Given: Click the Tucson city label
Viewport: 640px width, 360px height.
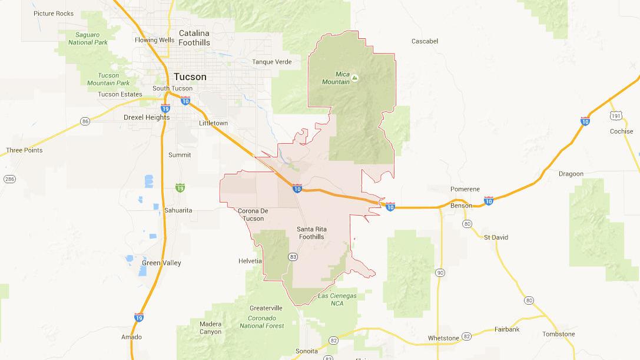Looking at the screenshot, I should coord(190,77).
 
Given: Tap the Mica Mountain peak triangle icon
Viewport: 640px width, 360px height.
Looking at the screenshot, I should coord(354,77).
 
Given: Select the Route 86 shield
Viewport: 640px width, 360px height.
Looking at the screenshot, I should coord(85,121).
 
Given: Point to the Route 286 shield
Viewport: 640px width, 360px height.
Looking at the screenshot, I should coord(9,179).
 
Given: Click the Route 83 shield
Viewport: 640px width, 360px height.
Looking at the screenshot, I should coord(293,256).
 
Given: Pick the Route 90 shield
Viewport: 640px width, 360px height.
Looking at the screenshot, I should coord(440,273).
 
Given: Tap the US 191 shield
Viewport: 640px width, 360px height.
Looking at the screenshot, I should coord(616,115).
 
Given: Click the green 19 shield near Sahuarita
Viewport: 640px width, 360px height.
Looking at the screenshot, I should coord(180,187).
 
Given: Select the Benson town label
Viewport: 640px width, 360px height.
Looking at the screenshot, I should coord(461,206).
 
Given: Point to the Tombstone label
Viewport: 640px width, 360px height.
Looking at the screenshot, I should coord(559,334).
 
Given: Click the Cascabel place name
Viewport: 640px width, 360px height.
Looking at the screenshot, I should coord(425,41).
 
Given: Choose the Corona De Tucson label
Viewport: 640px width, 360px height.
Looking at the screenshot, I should coord(253,214).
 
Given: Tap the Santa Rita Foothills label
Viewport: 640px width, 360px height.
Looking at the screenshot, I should coord(310,233).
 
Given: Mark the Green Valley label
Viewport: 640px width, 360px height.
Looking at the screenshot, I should coord(161,263).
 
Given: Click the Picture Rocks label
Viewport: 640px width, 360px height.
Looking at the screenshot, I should coord(54,13).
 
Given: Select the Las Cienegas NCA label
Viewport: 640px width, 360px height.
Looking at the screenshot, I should coord(337,299).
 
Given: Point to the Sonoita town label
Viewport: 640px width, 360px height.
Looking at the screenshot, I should coord(307,351).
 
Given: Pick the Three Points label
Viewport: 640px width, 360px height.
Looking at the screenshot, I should coord(24,150).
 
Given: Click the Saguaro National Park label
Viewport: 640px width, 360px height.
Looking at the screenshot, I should coord(88,38).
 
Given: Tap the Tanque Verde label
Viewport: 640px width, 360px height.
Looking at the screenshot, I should coord(271,62).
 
